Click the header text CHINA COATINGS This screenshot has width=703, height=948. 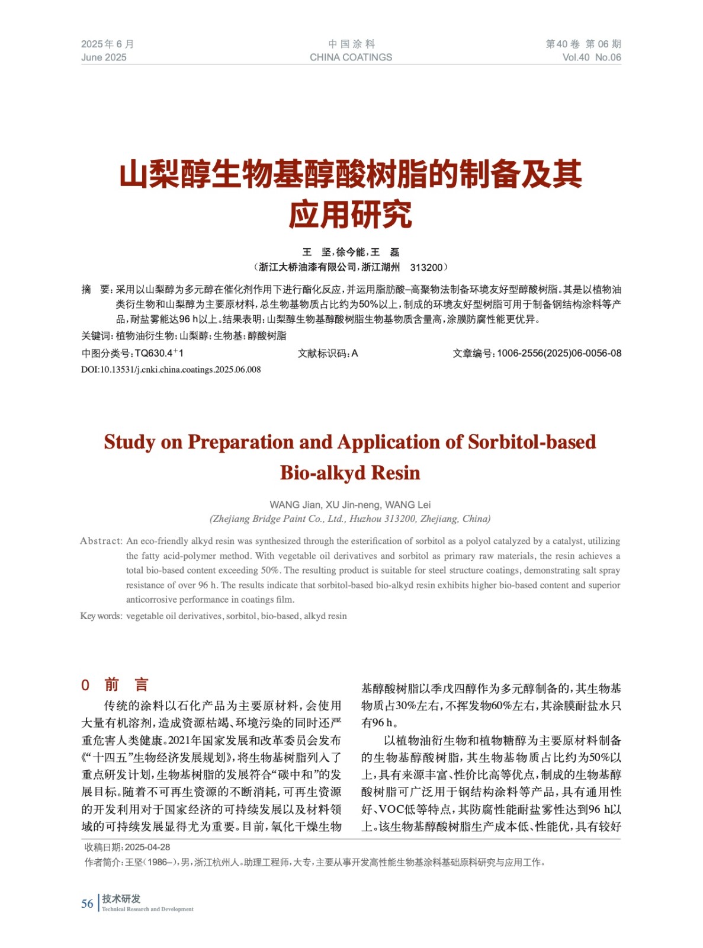click(x=351, y=57)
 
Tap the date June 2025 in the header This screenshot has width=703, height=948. click(x=104, y=57)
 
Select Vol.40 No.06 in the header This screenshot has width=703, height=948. click(x=591, y=57)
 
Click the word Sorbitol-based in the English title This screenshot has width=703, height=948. click(x=532, y=442)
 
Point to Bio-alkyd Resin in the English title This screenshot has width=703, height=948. click(x=350, y=473)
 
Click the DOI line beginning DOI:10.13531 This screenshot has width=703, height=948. click(x=171, y=370)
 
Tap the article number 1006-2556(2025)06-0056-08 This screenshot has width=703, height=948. click(x=558, y=353)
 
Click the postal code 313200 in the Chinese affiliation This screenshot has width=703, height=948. click(x=426, y=267)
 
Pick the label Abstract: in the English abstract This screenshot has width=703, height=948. click(x=101, y=541)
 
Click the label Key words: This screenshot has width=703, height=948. click(x=101, y=616)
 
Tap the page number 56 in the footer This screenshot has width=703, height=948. click(x=87, y=904)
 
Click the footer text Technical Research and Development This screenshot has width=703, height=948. click(x=147, y=909)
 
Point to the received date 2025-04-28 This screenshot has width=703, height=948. click(x=147, y=847)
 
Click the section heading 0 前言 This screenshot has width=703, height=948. click(x=115, y=685)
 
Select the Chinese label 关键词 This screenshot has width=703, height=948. click(x=96, y=336)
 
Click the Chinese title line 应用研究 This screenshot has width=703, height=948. click(x=351, y=214)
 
